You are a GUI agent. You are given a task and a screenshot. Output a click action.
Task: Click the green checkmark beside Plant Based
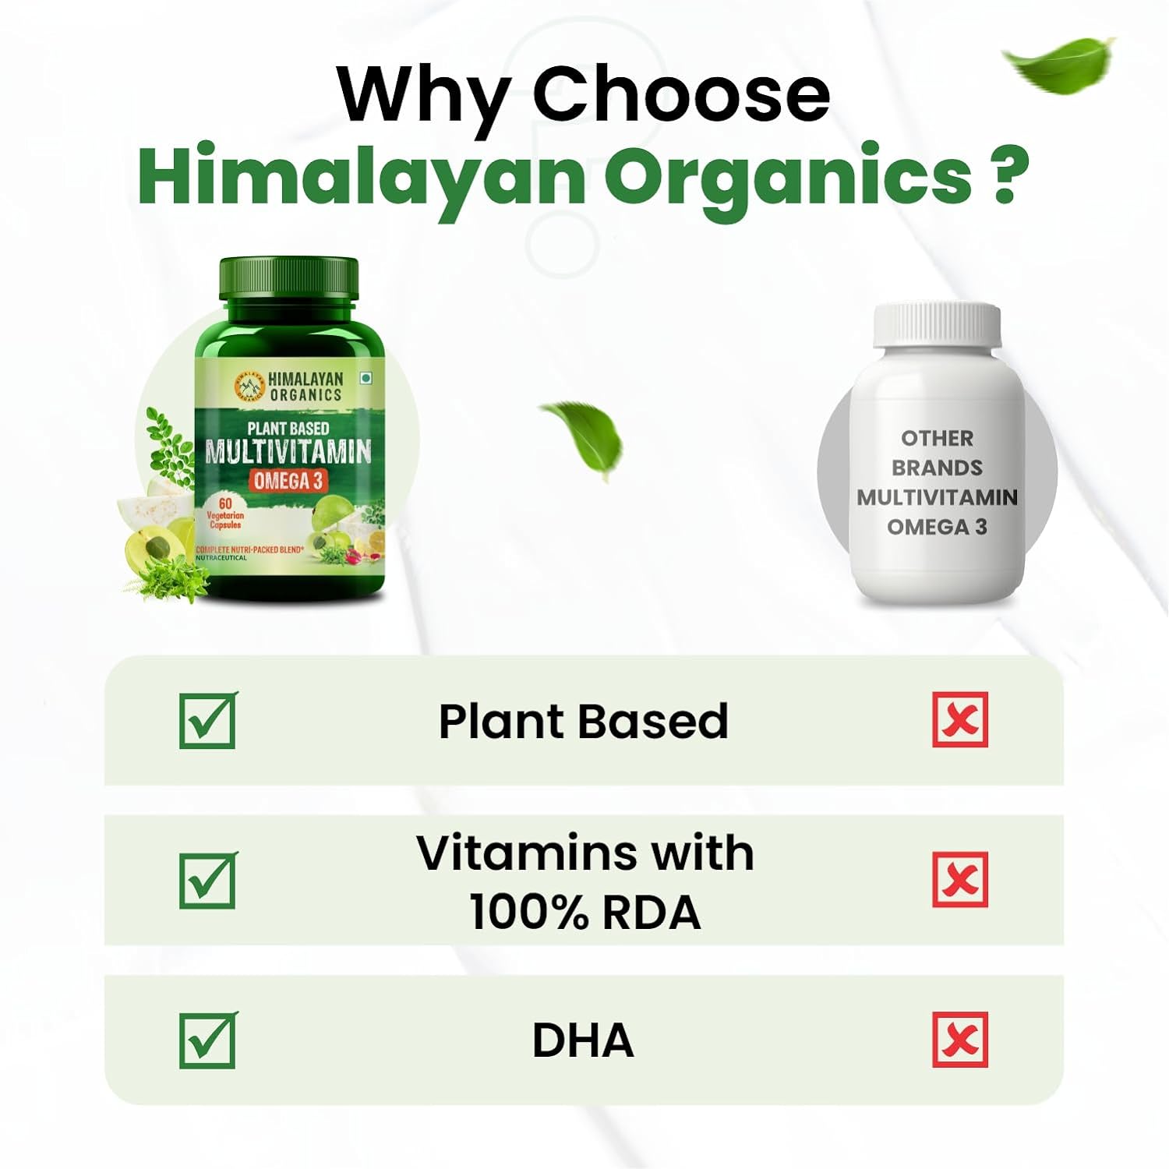[208, 720]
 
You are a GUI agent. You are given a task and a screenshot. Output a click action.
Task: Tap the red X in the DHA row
[960, 1040]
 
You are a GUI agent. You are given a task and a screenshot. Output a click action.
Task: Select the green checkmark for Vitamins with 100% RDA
[208, 880]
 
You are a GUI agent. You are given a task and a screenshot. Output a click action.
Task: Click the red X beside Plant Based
[960, 719]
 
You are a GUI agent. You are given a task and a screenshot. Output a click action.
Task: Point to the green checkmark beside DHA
[208, 1040]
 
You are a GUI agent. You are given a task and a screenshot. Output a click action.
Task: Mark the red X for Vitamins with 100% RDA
[960, 880]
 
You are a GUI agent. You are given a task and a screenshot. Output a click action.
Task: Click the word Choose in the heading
[681, 95]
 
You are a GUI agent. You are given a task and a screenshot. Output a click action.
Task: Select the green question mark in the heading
[1007, 175]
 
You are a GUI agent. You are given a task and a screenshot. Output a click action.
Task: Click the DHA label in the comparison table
[583, 1040]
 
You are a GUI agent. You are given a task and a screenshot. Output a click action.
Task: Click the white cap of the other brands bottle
[937, 325]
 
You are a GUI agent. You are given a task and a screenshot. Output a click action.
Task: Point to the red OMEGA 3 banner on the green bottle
[288, 481]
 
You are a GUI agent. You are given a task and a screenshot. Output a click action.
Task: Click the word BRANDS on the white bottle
[937, 468]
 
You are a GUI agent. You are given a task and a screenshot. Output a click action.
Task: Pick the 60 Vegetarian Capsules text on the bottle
[224, 514]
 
